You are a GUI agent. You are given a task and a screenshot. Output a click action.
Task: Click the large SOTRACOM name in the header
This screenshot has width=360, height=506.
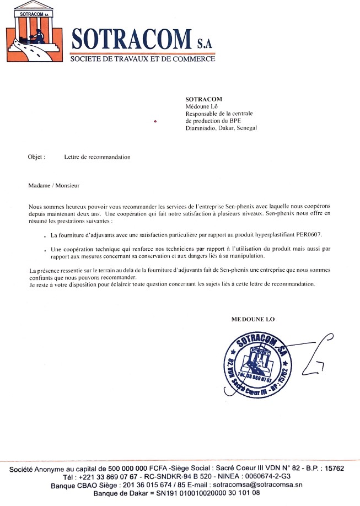pos(134,39)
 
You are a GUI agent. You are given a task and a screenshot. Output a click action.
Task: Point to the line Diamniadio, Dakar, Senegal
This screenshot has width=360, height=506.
pos(221,128)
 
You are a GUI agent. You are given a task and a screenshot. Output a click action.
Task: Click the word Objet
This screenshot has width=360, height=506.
pos(36,157)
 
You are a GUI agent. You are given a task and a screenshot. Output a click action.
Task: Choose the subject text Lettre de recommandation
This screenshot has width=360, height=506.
pos(97,157)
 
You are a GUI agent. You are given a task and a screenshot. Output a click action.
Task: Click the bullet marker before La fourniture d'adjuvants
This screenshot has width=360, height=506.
pos(45,235)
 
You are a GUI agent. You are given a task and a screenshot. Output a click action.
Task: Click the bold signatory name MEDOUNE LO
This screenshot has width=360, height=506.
pos(252,319)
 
